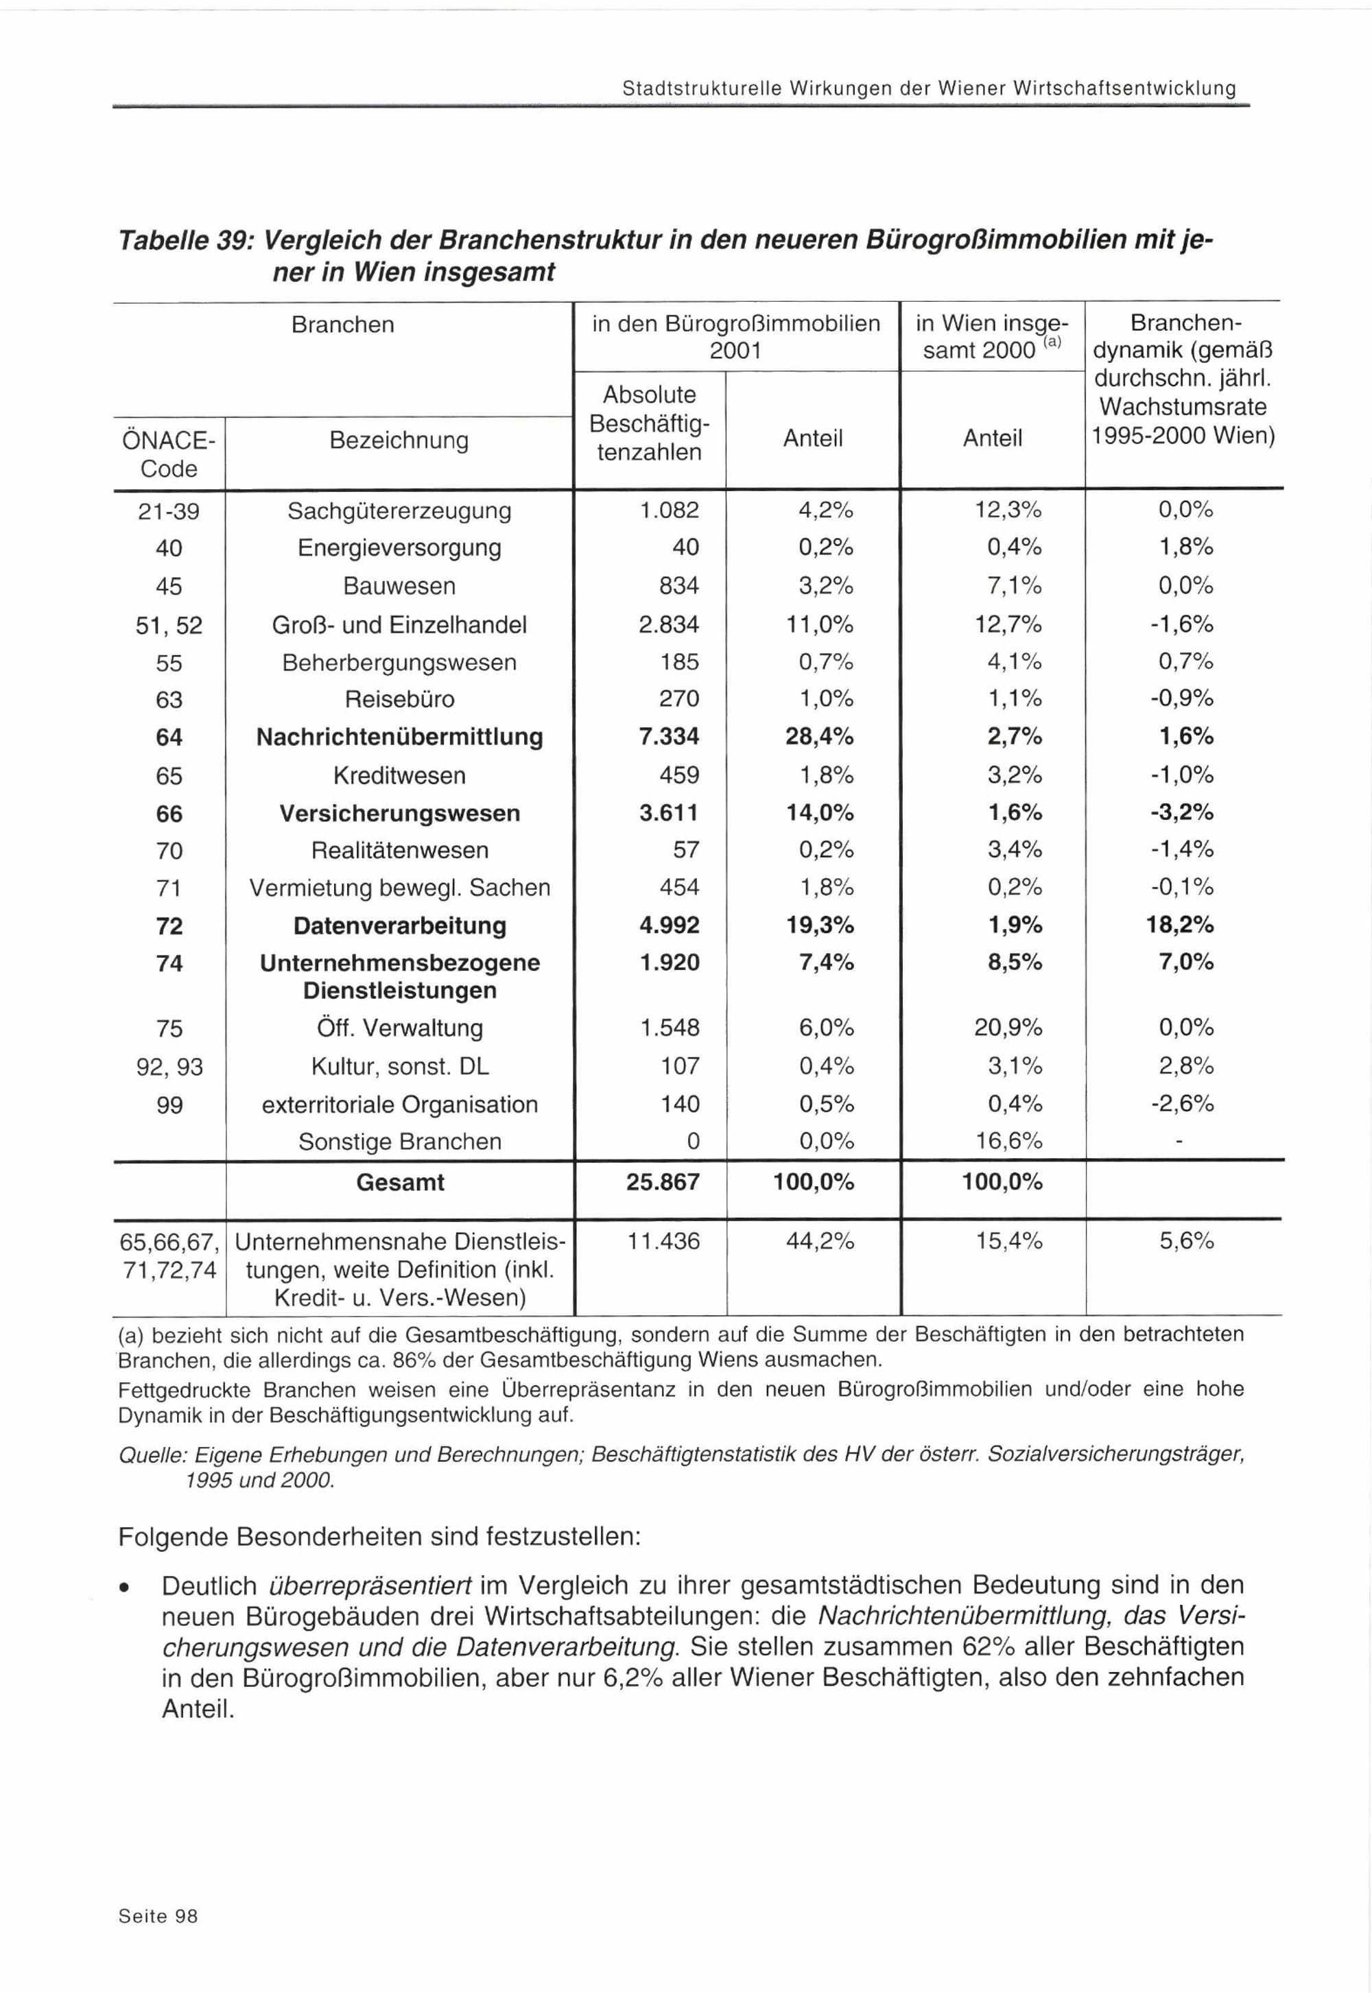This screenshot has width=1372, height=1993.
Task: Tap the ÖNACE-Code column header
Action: [169, 454]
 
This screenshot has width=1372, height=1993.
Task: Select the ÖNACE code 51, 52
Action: [169, 625]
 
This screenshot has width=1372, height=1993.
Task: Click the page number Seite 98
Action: [158, 1915]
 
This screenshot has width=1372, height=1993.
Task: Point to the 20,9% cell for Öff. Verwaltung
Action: [1008, 1028]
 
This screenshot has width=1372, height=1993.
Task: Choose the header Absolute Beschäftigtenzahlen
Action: [649, 423]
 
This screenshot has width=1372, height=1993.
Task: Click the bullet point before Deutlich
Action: [126, 1586]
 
